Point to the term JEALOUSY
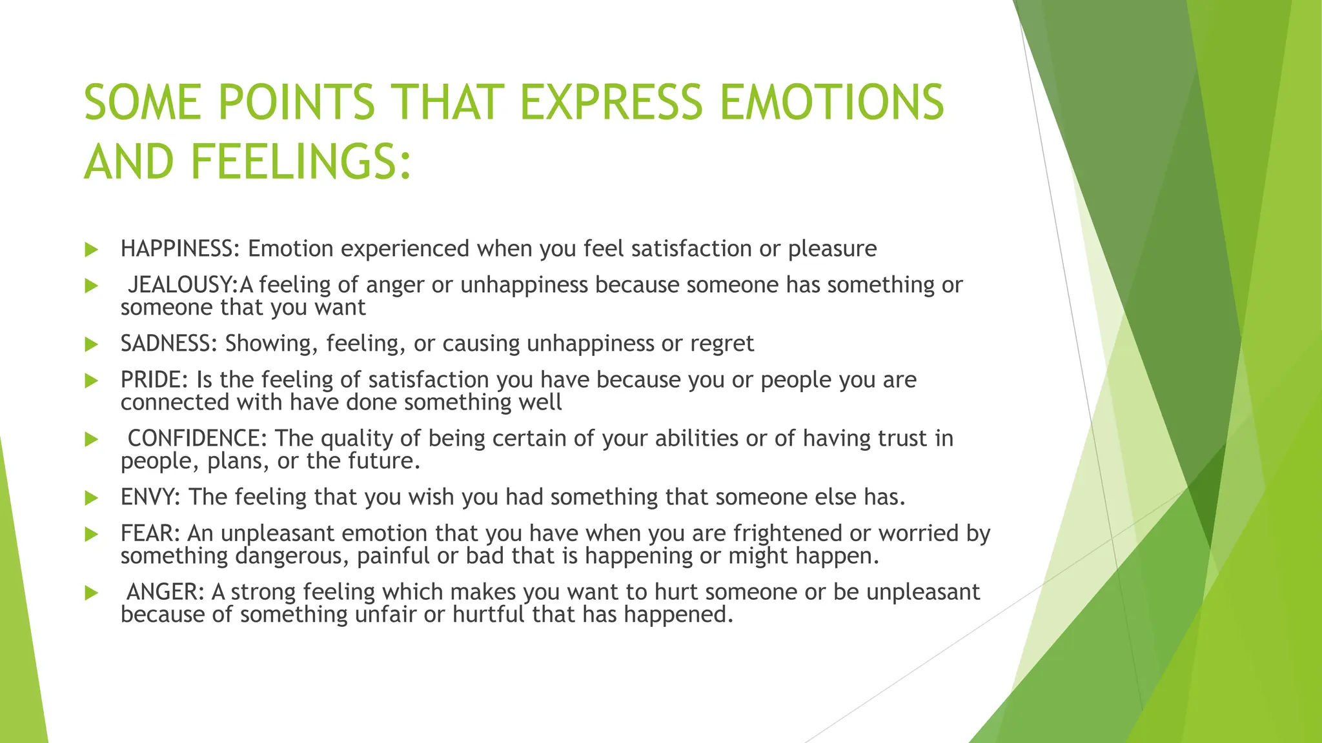pyautogui.click(x=182, y=284)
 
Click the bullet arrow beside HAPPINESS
pyautogui.click(x=91, y=250)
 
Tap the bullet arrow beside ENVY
pyautogui.click(x=91, y=498)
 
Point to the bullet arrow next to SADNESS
pyautogui.click(x=91, y=344)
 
